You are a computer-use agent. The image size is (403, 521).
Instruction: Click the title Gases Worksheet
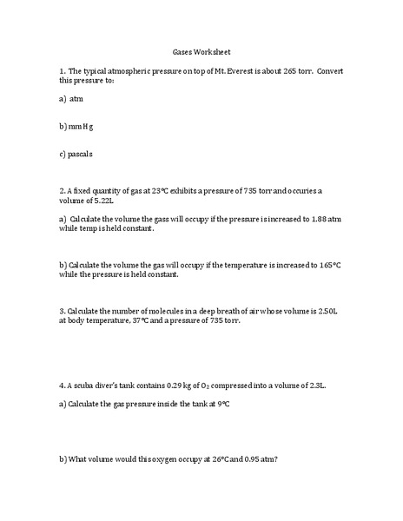click(201, 51)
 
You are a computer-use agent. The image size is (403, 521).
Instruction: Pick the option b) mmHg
click(76, 127)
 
